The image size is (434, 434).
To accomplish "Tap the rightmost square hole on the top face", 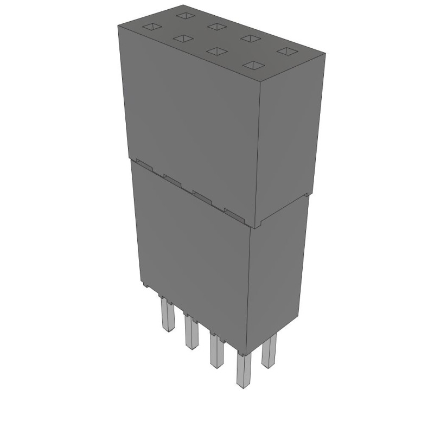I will pos(286,51).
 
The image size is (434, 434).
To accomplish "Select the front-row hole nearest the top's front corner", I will pos(253,65).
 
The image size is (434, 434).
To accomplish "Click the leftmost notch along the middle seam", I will pos(143,163).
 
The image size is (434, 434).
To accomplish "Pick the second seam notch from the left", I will pos(173,180).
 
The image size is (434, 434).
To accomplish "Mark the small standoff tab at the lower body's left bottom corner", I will pos(144,284).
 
